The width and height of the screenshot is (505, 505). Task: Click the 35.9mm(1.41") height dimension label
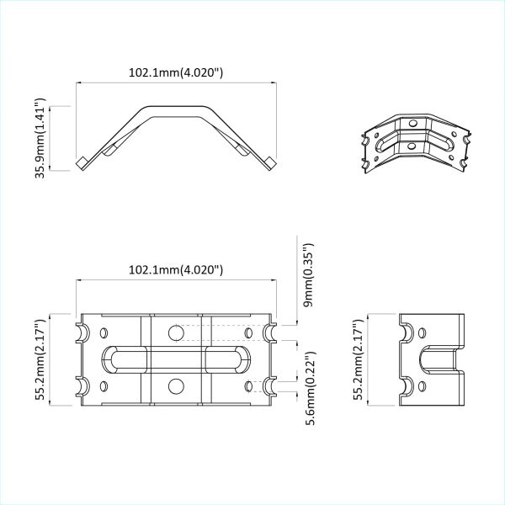pos(40,139)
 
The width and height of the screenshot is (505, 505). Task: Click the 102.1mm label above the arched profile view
pos(175,72)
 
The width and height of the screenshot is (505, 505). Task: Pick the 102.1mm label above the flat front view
pos(175,270)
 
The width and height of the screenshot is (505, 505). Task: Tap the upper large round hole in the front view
pos(175,333)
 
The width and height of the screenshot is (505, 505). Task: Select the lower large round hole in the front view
pos(175,386)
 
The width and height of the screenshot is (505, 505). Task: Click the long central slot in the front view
pos(175,359)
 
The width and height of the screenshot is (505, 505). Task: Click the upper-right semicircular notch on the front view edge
pos(271,333)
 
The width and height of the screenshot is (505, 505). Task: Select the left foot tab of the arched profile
pos(82,162)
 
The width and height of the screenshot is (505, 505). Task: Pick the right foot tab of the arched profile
pos(268,162)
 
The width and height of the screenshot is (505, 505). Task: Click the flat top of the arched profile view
pos(175,109)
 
